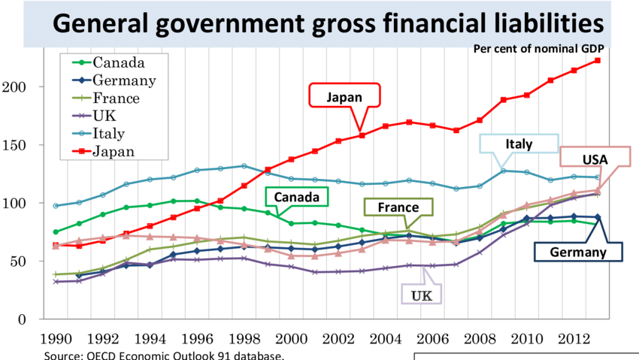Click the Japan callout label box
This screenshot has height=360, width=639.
tap(345, 97)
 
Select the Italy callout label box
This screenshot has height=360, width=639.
tap(519, 144)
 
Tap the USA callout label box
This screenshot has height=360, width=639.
tap(595, 159)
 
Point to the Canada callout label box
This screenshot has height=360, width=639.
tap(297, 197)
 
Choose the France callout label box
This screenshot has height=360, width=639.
tap(398, 207)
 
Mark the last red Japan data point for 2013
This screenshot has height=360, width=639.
tap(598, 60)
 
